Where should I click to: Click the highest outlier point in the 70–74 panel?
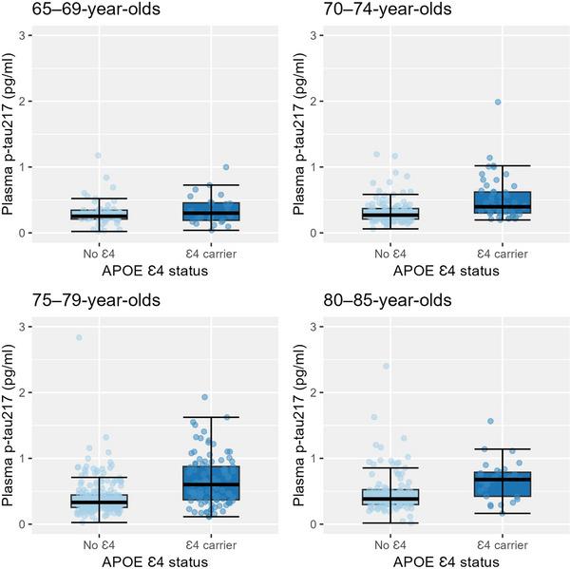click(497, 102)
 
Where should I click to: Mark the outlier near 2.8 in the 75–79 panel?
click(79, 337)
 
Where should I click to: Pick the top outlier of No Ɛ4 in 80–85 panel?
click(386, 366)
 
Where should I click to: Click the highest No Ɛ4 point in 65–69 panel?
click(98, 156)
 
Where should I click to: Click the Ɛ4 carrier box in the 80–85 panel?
click(502, 484)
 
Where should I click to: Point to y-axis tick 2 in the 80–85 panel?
click(322, 392)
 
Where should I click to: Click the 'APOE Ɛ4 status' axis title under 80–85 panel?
click(443, 559)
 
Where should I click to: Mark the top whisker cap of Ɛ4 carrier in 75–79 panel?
click(212, 417)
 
